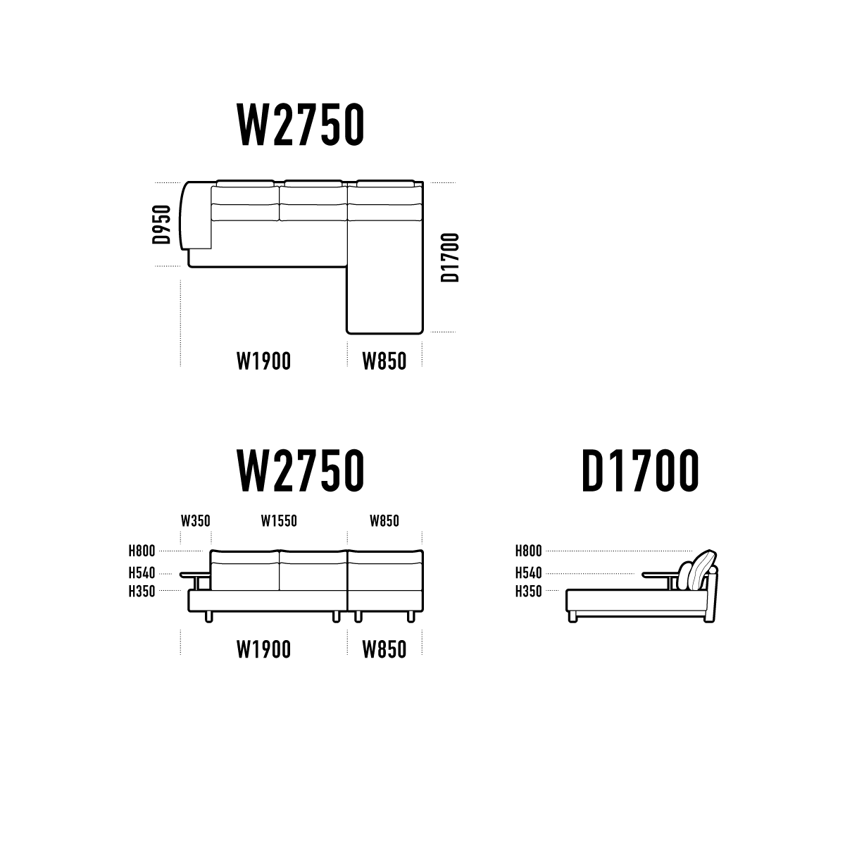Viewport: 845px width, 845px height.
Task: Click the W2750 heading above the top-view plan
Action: tap(301, 125)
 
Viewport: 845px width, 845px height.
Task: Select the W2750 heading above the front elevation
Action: tap(301, 470)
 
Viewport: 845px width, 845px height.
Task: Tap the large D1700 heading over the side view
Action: tap(640, 470)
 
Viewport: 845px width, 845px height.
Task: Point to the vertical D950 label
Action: tap(161, 225)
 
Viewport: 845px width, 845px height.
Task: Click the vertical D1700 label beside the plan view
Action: tap(450, 258)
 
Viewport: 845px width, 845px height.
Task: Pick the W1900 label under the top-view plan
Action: tap(263, 361)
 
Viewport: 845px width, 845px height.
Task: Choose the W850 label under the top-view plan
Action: tap(384, 361)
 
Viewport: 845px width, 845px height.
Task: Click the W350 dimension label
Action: tap(196, 521)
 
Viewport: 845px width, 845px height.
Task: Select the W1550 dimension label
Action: tap(279, 521)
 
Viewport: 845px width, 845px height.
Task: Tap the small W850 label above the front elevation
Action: tap(384, 521)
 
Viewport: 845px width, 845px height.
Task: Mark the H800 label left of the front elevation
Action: tap(142, 551)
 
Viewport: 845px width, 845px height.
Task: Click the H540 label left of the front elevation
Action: tap(142, 572)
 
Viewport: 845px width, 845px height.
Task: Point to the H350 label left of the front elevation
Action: tap(142, 591)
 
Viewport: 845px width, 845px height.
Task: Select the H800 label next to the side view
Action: tap(528, 551)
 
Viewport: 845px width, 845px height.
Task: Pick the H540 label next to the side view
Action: tap(528, 572)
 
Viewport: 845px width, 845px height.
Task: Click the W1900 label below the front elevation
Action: tap(263, 649)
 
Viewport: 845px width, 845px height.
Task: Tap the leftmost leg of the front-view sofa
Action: tap(208, 617)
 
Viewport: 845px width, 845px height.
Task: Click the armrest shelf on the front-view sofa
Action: tap(195, 575)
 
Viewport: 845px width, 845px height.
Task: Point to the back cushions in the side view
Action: tap(697, 570)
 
